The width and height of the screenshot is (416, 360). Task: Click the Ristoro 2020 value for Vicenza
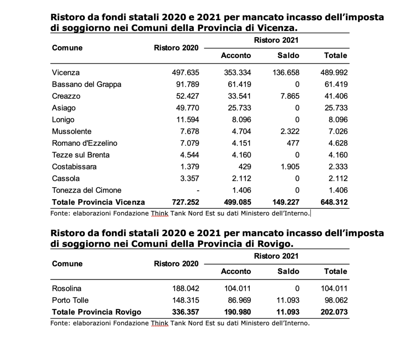[x=185, y=72]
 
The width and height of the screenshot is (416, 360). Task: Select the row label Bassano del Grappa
[x=87, y=85]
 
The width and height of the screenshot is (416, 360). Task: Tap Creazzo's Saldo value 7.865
[x=290, y=96]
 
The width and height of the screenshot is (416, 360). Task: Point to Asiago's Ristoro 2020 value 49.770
[x=188, y=108]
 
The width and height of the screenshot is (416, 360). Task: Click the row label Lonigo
[x=63, y=119]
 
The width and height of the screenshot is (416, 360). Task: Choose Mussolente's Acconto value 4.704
[x=241, y=131]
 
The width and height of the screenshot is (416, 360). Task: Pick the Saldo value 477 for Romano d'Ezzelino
[x=293, y=143]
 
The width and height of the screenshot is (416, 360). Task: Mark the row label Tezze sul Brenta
[x=81, y=155]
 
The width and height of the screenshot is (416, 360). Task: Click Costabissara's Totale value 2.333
[x=338, y=167]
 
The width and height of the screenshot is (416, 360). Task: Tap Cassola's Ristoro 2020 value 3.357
[x=190, y=178]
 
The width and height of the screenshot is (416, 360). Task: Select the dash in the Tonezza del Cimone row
[x=198, y=191]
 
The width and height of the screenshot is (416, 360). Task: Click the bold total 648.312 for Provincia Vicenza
[x=334, y=202]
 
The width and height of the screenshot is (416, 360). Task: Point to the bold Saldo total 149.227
[x=286, y=202]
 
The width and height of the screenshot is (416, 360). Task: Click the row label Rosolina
[x=67, y=288]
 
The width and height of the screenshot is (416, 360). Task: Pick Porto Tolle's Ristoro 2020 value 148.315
[x=186, y=300]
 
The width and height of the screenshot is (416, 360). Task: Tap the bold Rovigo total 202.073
[x=334, y=312]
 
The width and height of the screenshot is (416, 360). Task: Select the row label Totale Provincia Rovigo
[x=97, y=312]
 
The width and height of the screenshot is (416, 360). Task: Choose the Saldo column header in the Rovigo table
[x=288, y=271]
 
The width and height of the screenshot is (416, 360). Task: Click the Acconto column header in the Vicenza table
[x=236, y=55]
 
